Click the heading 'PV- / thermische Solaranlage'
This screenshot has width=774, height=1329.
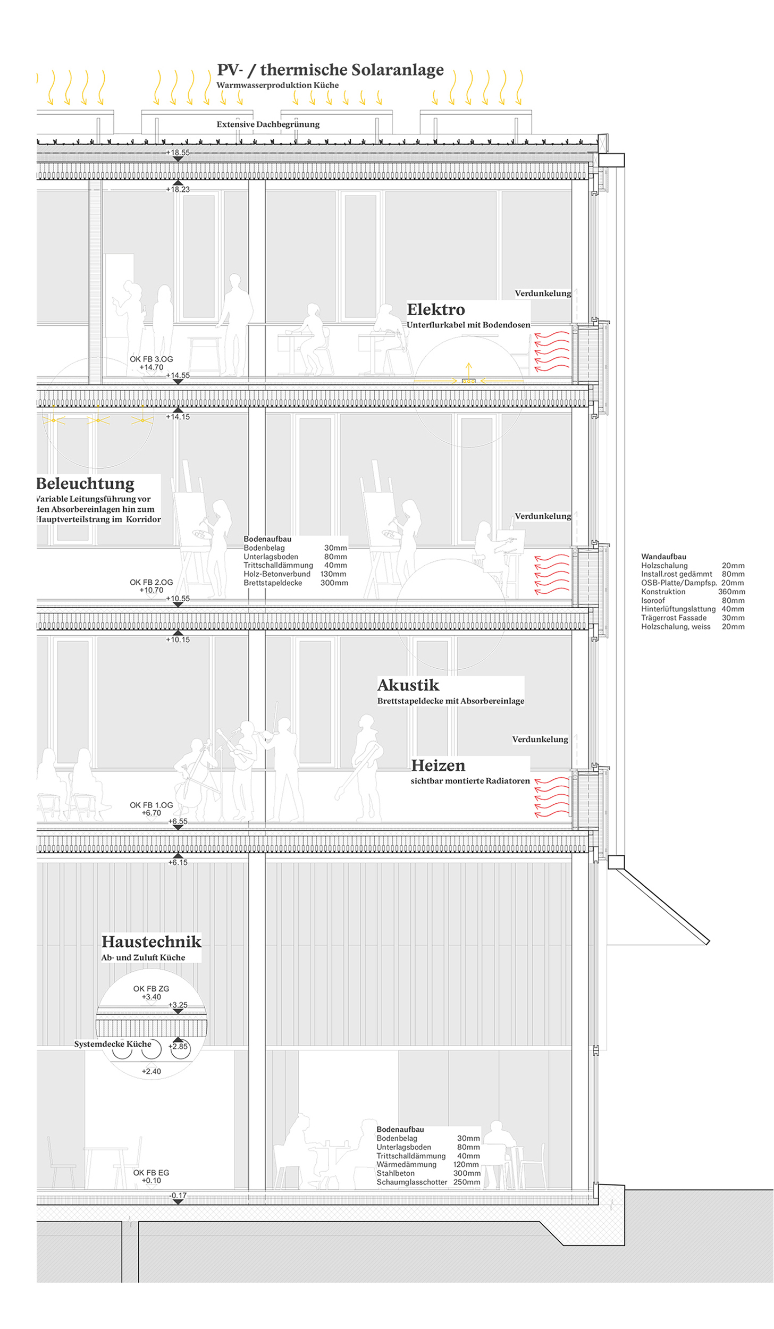[330, 70]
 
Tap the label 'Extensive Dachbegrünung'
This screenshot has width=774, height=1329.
[268, 124]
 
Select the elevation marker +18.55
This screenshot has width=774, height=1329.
[178, 153]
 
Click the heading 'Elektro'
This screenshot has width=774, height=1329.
[436, 309]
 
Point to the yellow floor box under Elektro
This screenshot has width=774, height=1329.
[468, 381]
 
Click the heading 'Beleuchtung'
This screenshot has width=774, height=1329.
[86, 484]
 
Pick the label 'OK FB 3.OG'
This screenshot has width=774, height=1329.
[152, 359]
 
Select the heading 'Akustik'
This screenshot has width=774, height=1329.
[408, 685]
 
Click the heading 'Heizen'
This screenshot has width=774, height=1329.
[438, 766]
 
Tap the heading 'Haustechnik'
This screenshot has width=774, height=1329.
[152, 941]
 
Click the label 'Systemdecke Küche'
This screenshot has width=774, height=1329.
[113, 1044]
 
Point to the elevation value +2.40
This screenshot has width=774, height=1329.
[152, 1071]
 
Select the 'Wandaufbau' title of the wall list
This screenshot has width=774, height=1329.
[663, 557]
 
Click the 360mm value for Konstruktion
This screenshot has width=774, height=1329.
[731, 592]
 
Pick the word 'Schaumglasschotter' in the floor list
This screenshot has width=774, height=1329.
[412, 1182]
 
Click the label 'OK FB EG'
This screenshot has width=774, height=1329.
[152, 1173]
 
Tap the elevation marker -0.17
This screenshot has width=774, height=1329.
[178, 1196]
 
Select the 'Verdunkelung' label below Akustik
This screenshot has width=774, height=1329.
[540, 739]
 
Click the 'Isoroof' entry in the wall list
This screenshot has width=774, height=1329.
[653, 601]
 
